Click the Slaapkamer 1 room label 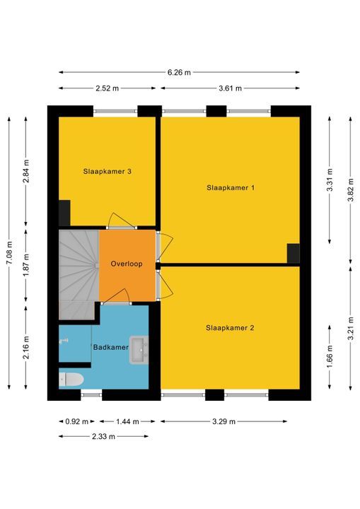[231, 187]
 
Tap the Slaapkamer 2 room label [230, 328]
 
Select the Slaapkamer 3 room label [108, 171]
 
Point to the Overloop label [127, 264]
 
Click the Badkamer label [111, 347]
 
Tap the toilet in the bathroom [71, 380]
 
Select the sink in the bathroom [139, 350]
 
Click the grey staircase [79, 274]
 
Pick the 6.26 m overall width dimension [179, 72]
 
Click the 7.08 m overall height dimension [9, 253]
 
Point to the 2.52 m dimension [108, 88]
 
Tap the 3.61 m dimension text [230, 88]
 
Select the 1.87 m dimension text [26, 266]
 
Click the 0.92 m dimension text [76, 421]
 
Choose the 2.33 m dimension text [103, 437]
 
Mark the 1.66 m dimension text [330, 357]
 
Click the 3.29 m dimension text [223, 421]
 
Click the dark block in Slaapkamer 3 [64, 213]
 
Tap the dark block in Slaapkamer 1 [293, 253]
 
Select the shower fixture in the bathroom [64, 341]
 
